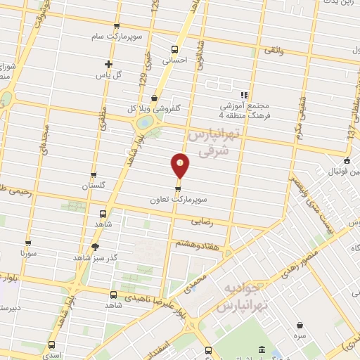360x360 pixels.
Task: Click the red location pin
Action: click(x=181, y=166)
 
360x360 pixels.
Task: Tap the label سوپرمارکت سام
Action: click(x=115, y=36)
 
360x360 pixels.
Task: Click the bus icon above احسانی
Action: click(x=174, y=49)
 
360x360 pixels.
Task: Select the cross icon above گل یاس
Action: click(x=108, y=63)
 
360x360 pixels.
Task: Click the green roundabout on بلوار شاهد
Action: click(x=143, y=122)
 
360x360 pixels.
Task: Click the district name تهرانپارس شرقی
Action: click(x=215, y=141)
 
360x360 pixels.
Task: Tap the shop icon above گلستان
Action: click(x=94, y=174)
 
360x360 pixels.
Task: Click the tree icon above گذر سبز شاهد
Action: click(x=96, y=247)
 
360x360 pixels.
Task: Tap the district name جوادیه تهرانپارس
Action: click(x=240, y=298)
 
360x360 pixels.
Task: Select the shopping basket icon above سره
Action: click(x=301, y=326)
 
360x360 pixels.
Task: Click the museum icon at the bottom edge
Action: click(x=261, y=350)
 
